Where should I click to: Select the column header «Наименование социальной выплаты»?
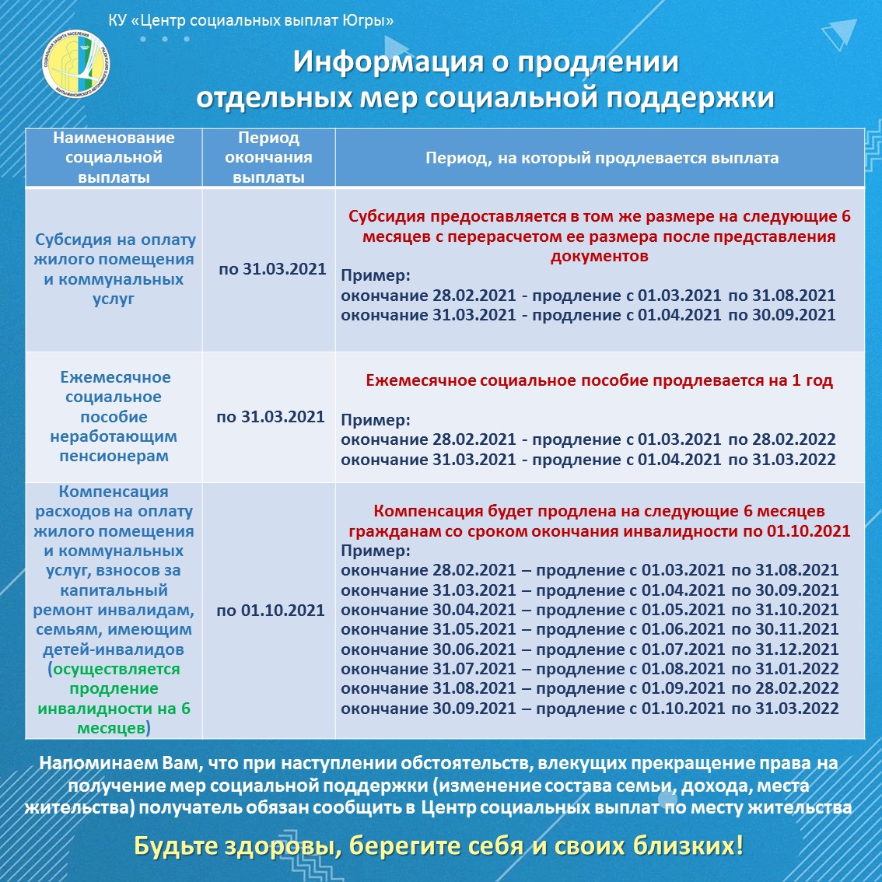pos(114,157)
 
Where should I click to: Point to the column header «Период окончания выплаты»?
pos(268,157)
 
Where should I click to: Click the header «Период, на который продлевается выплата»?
pos(601,158)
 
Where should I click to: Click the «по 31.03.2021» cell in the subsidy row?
pos(271,269)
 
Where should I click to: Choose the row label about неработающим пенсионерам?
pos(114,416)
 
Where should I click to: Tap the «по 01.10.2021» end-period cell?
pos(270,611)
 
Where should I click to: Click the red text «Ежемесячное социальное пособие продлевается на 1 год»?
pos(599,380)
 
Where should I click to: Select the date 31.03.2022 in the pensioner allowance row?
pos(794,460)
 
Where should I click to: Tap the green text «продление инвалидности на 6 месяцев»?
pos(114,698)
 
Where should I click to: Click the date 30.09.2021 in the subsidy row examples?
pos(794,315)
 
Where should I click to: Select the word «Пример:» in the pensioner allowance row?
pos(375,420)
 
